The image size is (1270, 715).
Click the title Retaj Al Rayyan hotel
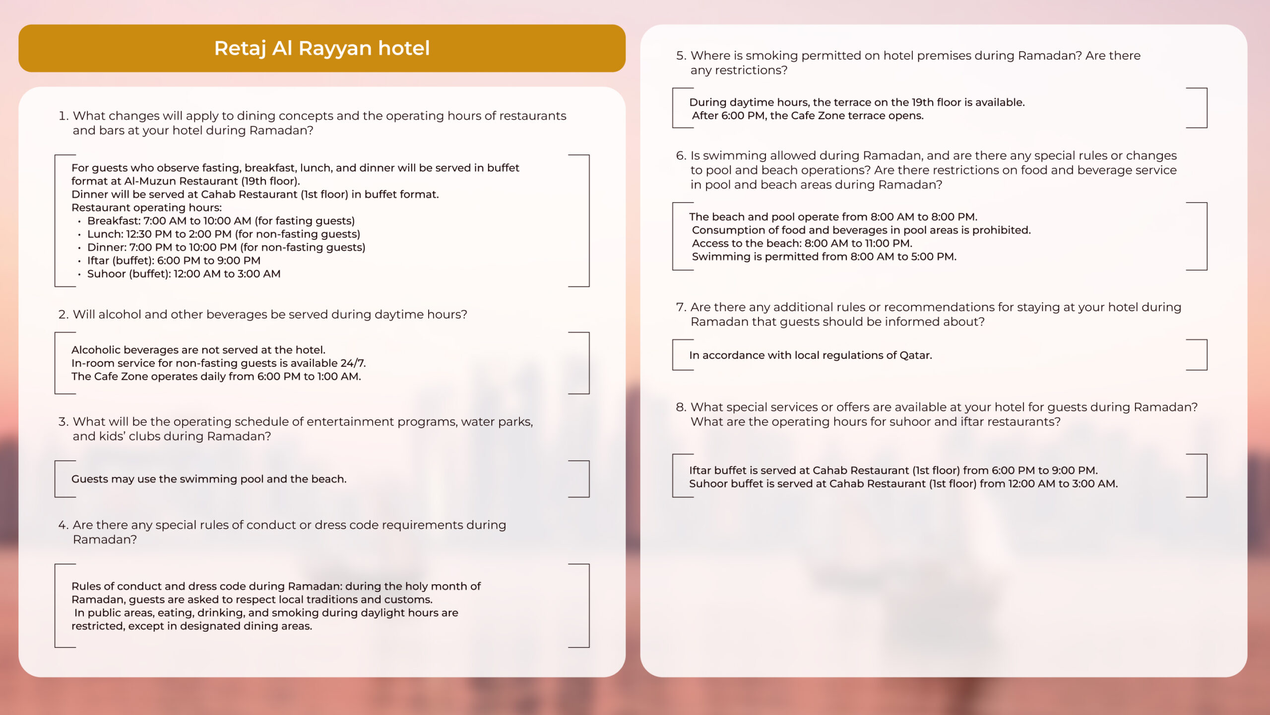321,48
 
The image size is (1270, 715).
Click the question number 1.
63,116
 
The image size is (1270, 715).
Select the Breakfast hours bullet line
221,220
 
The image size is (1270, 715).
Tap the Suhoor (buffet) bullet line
184,274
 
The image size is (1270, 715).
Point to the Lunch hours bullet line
223,234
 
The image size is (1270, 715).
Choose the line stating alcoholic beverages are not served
198,350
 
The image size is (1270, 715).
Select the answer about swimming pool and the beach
209,479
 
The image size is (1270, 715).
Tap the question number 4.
63,525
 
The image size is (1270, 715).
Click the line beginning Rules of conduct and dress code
276,586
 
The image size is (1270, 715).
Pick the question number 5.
681,55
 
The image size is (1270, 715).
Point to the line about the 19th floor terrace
857,102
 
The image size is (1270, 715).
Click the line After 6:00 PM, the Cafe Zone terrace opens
808,116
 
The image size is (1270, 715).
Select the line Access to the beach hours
802,243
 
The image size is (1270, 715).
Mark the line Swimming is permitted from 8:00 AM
824,257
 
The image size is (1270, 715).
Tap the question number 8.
681,407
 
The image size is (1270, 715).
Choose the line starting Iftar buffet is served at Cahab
893,470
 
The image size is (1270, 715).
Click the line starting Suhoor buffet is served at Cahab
903,484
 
